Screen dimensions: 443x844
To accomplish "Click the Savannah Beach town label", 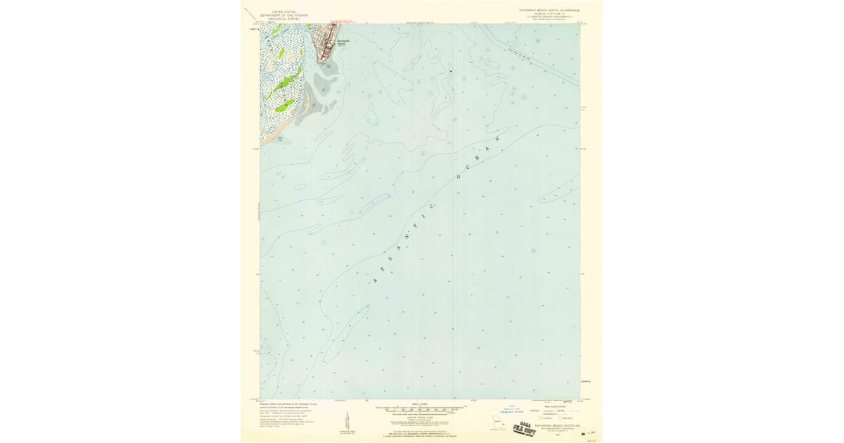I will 341,44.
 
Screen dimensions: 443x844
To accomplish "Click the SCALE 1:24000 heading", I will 420,404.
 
